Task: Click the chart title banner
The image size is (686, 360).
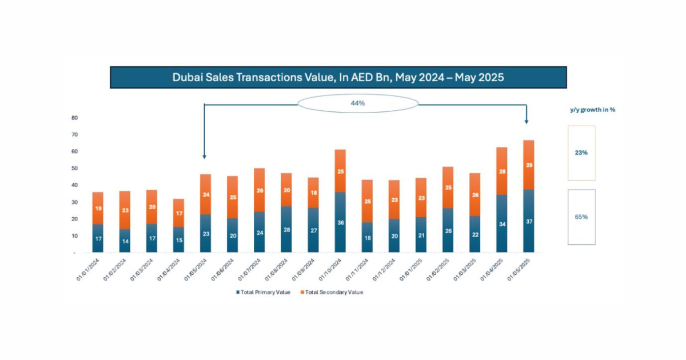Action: click(x=338, y=77)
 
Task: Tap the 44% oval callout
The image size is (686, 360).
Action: click(x=358, y=103)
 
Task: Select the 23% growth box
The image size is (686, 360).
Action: click(x=581, y=153)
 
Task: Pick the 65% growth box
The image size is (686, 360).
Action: click(x=581, y=217)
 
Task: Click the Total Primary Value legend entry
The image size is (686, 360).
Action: click(x=263, y=292)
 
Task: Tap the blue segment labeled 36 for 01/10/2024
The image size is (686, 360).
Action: click(x=340, y=222)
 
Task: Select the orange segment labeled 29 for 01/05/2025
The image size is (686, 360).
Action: click(x=529, y=165)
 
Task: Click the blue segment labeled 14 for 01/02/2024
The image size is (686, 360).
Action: click(x=125, y=241)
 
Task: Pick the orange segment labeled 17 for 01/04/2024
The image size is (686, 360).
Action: click(x=178, y=213)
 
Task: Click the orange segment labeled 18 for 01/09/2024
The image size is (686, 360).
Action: click(x=313, y=193)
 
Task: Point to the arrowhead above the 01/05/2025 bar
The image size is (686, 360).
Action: click(x=527, y=121)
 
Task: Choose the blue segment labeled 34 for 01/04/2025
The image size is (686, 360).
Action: click(x=502, y=223)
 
